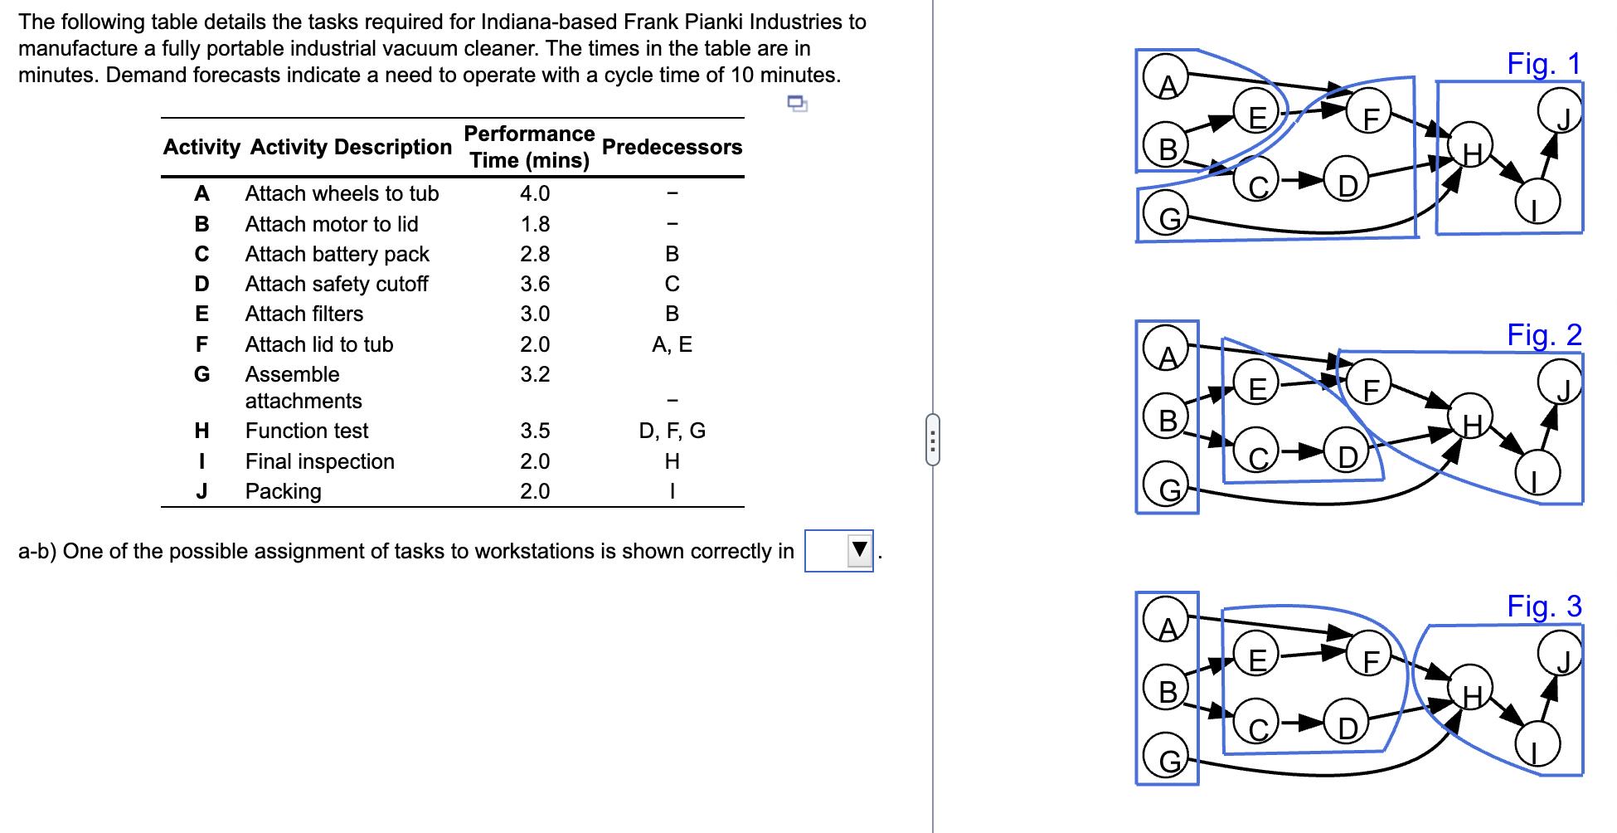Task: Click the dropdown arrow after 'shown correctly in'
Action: coord(859,550)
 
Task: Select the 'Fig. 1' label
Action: coord(1543,64)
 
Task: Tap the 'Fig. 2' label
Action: coord(1543,335)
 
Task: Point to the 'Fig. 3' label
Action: coord(1543,606)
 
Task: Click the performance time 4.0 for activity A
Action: coord(535,193)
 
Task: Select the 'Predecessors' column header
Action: coord(672,147)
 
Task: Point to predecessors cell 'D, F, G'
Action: coord(672,431)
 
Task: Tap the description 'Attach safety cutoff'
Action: coord(337,284)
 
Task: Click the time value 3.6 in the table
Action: coord(535,284)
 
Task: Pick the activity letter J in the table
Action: coord(202,491)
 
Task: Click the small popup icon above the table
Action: coord(797,104)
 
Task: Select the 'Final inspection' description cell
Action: coord(320,461)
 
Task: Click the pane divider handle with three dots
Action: coord(933,440)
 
